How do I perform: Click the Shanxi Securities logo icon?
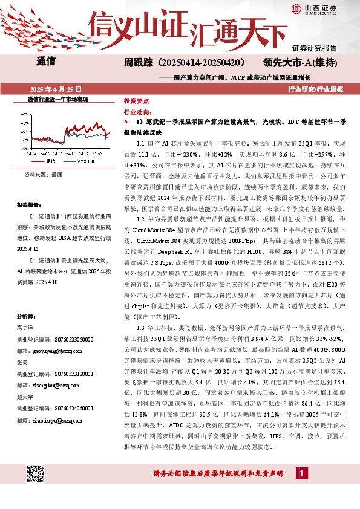[x=296, y=9]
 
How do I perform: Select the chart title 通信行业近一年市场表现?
[x=58, y=98]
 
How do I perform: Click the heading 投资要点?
[x=136, y=101]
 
